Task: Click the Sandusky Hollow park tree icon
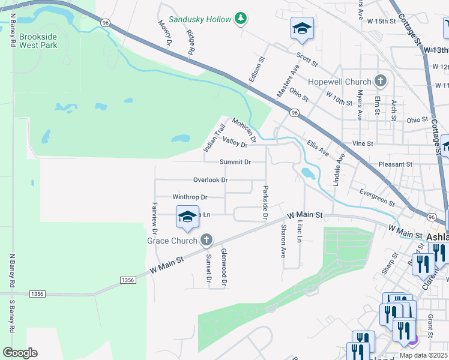tap(241, 19)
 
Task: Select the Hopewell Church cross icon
tap(380, 81)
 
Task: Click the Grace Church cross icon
tap(206, 241)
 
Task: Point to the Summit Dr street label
tap(235, 162)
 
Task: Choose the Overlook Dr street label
tap(210, 179)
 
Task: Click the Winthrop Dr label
tap(190, 197)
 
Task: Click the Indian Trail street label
tap(214, 137)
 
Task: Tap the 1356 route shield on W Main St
tap(127, 280)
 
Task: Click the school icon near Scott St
tap(303, 28)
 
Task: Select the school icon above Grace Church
tap(187, 217)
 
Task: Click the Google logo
tap(20, 353)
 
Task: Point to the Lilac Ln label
tap(300, 230)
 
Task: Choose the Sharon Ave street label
tap(283, 241)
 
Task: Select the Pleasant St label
tap(396, 164)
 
